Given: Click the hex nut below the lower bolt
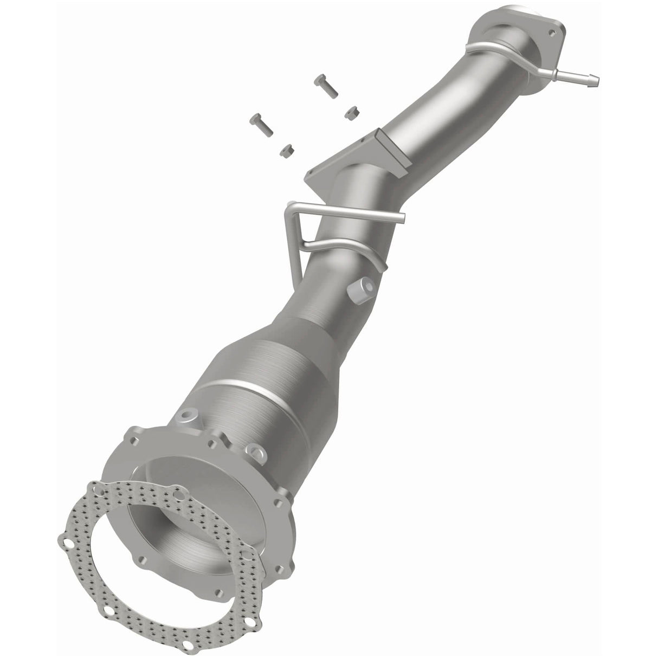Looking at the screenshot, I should click(286, 150).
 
